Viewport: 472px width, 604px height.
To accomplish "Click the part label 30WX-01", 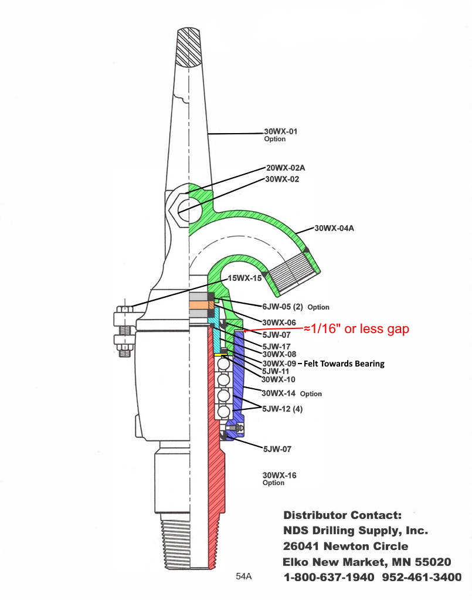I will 280,131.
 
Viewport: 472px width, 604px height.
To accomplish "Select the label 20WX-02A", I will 285,168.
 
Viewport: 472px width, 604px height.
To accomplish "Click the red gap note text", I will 355,330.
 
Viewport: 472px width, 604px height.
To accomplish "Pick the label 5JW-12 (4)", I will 285,408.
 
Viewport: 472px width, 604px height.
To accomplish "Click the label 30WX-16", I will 279,475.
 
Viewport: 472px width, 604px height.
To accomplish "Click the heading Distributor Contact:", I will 342,515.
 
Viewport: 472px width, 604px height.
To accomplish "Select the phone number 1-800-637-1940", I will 329,577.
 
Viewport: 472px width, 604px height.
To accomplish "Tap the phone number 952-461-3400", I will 422,577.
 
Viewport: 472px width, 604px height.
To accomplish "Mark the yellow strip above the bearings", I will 221,355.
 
